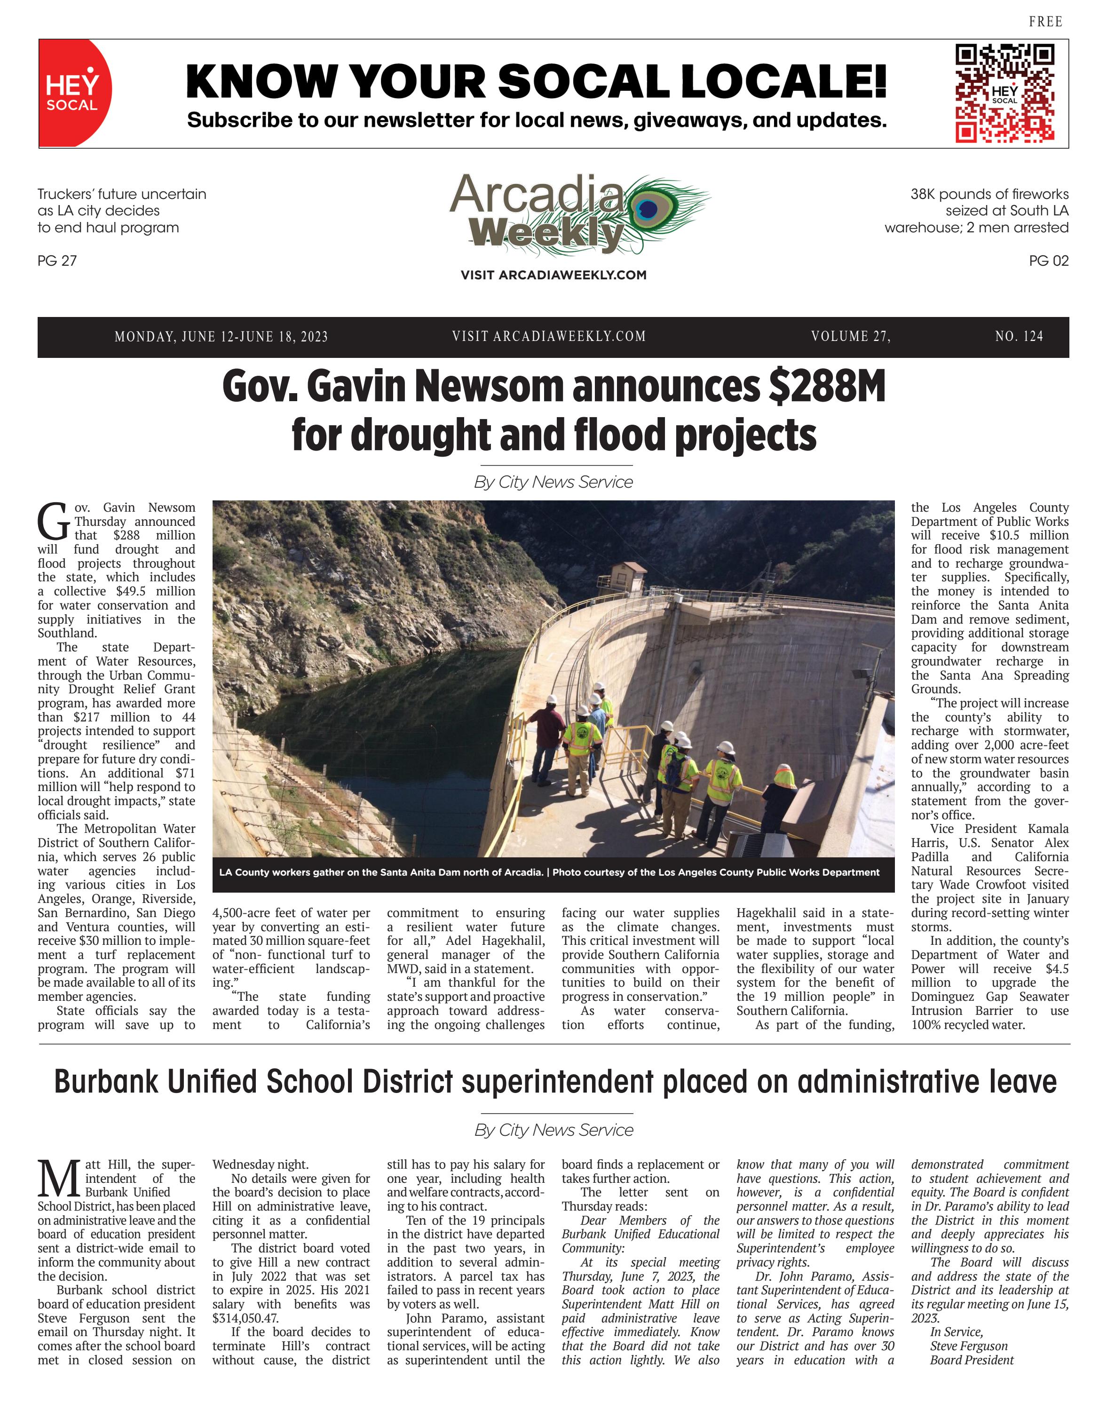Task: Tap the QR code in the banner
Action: coord(1004,93)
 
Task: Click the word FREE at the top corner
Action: coord(1045,22)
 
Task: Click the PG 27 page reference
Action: coord(57,261)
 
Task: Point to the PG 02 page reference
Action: coord(1048,261)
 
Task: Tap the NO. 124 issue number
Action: coord(1019,336)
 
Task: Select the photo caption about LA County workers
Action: coord(549,872)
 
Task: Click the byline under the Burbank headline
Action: coord(553,1130)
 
